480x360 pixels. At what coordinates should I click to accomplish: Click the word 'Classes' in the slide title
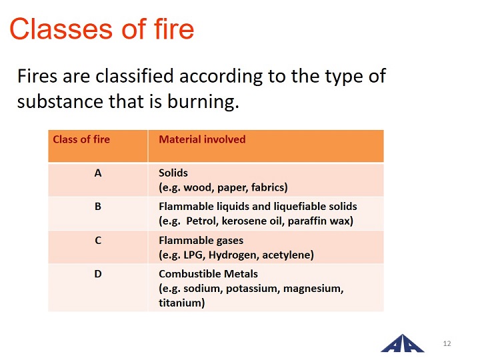coord(61,29)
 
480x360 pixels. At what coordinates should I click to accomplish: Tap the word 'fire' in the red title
coord(174,29)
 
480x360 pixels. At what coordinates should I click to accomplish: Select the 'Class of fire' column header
coord(81,139)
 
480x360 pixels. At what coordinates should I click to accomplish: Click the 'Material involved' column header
coord(202,139)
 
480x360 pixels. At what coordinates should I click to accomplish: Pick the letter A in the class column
coord(98,173)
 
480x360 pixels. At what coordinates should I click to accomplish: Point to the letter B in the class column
coord(98,207)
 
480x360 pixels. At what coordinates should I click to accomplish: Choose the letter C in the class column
coord(98,240)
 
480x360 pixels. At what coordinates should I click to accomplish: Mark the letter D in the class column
coord(98,274)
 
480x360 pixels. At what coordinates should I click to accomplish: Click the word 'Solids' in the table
coord(173,173)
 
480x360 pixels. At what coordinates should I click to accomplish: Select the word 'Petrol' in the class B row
coord(202,221)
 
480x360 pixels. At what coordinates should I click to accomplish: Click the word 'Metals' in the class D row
coord(241,274)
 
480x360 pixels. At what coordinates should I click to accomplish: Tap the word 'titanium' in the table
coord(181,303)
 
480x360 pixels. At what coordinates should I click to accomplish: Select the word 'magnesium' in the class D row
coord(313,289)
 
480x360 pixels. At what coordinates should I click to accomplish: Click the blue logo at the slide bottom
coord(403,343)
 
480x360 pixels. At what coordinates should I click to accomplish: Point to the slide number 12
coord(447,343)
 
